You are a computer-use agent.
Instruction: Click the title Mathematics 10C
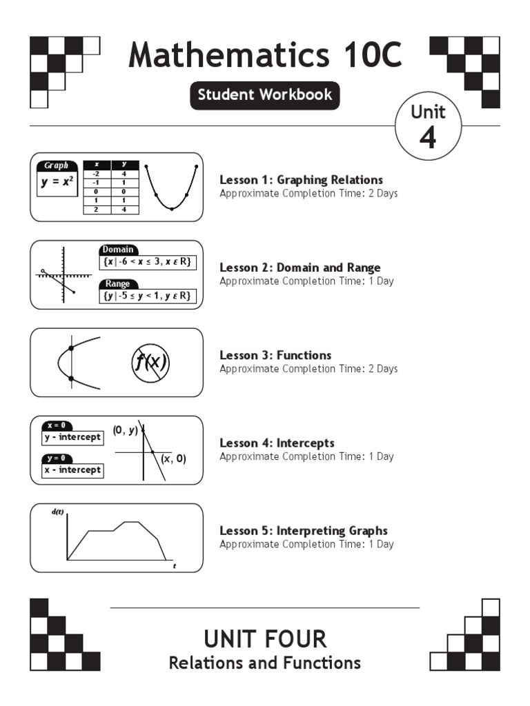(x=265, y=55)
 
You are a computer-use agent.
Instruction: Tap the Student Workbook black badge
(x=265, y=95)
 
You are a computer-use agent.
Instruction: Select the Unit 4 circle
(x=428, y=126)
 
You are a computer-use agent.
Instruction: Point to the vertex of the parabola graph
(x=172, y=208)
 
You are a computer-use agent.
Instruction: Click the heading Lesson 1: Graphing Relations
(x=301, y=180)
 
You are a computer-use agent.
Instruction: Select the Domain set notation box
(x=147, y=262)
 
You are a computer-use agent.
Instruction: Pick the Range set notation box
(x=147, y=296)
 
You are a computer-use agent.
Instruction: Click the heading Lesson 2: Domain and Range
(x=300, y=268)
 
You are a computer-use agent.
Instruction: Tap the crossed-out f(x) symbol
(x=150, y=362)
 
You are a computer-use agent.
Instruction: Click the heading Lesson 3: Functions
(x=275, y=355)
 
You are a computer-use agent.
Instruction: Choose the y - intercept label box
(x=72, y=437)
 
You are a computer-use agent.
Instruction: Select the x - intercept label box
(x=72, y=470)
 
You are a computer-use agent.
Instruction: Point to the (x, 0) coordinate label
(x=173, y=458)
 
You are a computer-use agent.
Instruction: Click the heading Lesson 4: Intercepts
(x=277, y=443)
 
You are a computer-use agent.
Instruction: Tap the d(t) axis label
(x=57, y=512)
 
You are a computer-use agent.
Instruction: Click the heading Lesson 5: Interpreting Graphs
(x=303, y=530)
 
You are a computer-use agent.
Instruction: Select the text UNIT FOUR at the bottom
(x=265, y=638)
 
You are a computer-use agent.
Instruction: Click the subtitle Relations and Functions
(x=265, y=663)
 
